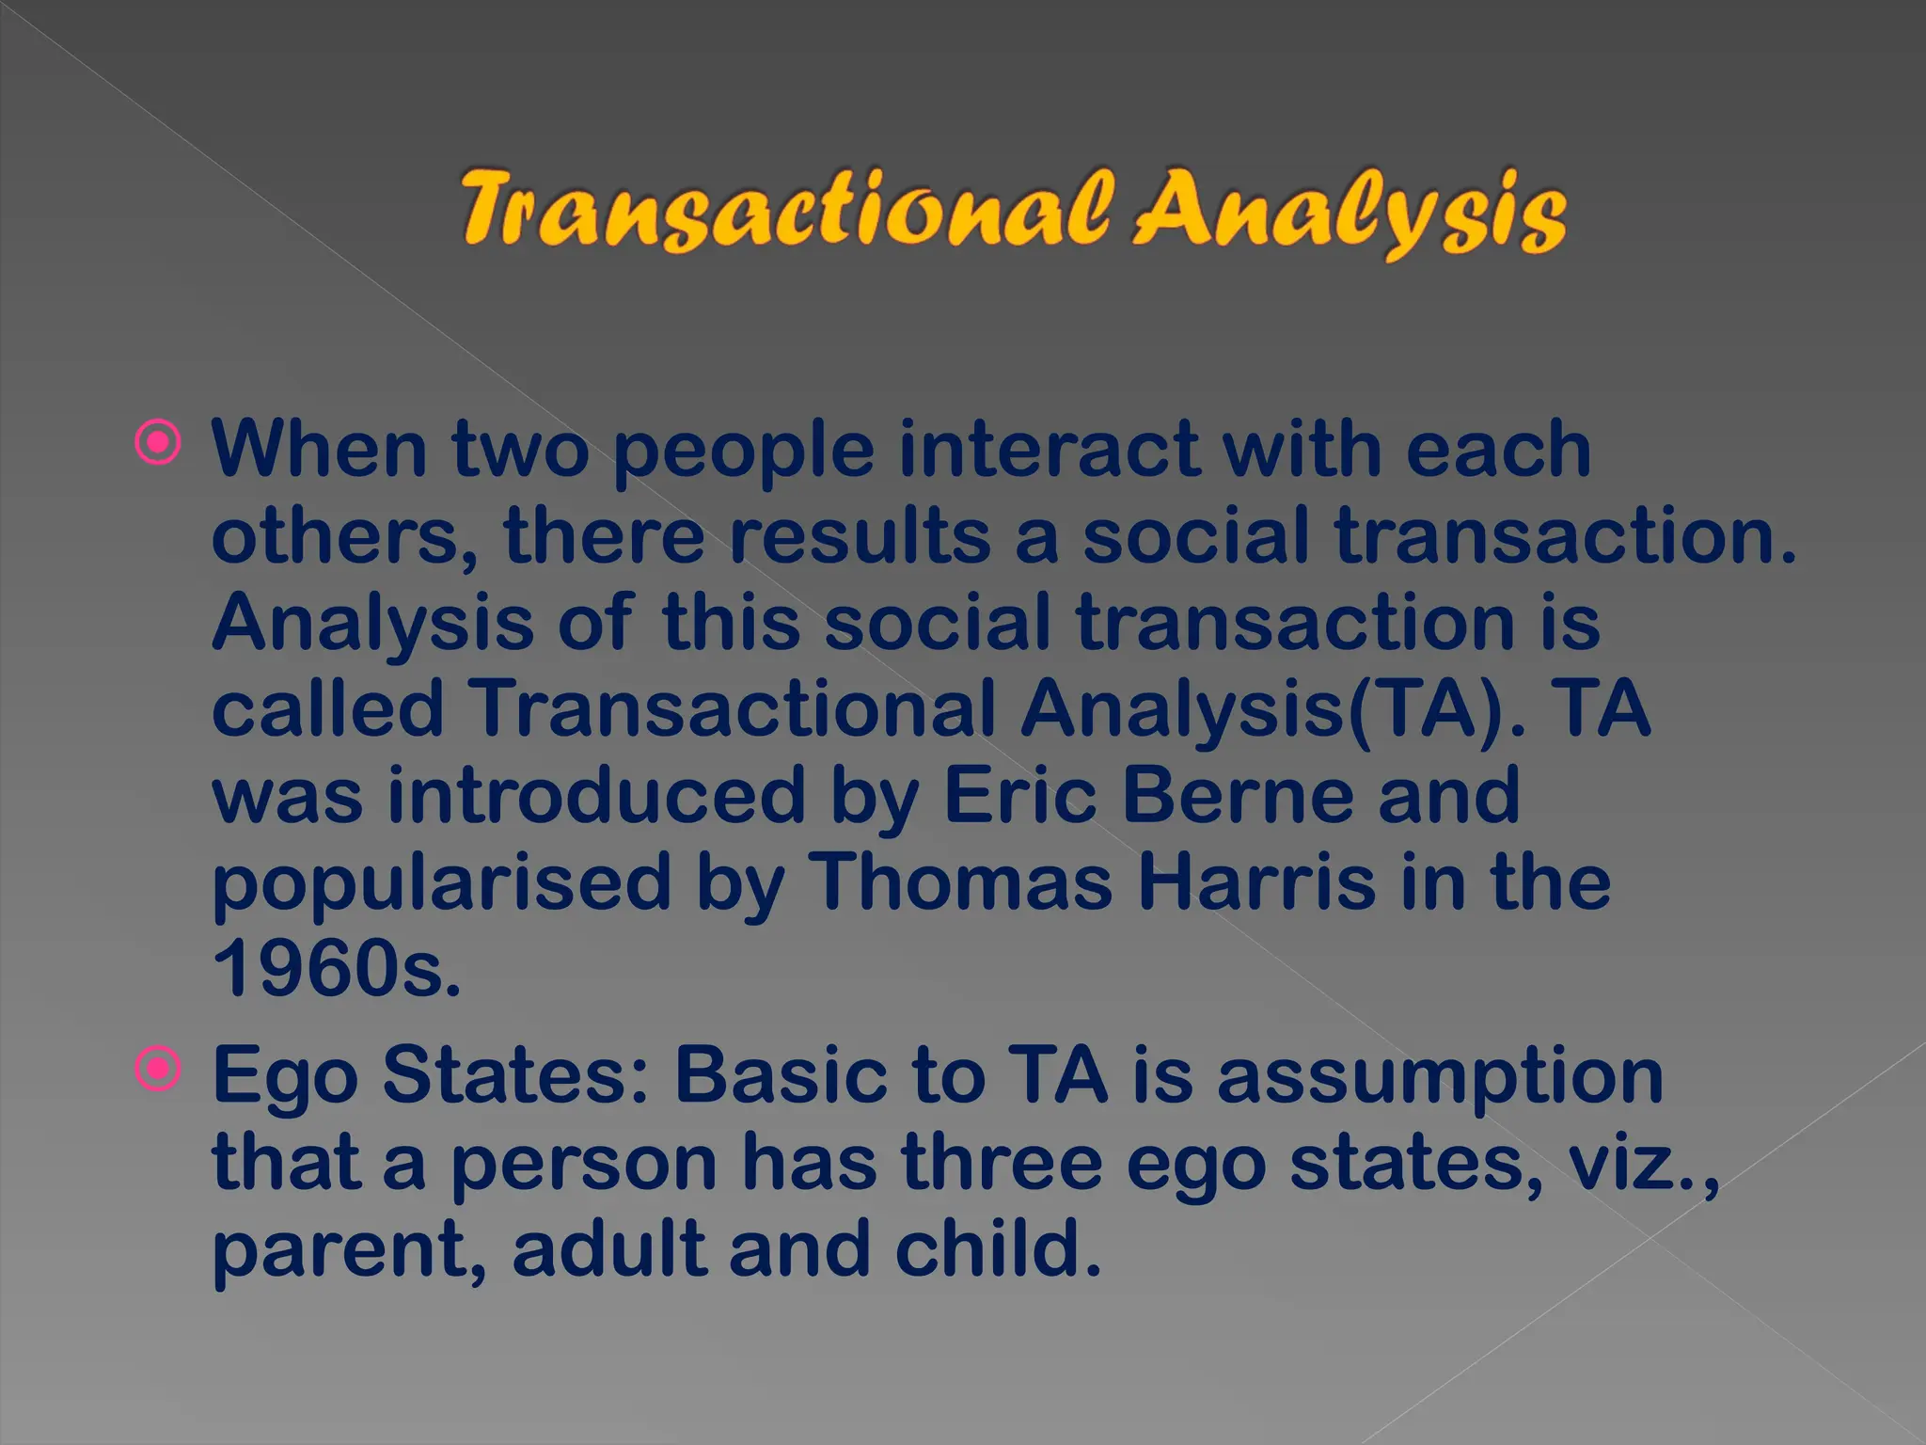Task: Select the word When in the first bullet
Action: pyautogui.click(x=320, y=449)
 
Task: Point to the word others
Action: pyautogui.click(x=344, y=536)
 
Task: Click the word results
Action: pyautogui.click(x=860, y=536)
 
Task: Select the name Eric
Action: pyautogui.click(x=1019, y=796)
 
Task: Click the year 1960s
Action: pyautogui.click(x=337, y=969)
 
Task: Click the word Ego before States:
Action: pyautogui.click(x=285, y=1078)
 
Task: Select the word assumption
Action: pyautogui.click(x=1440, y=1078)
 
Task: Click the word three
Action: pyautogui.click(x=1002, y=1163)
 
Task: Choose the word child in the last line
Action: pyautogui.click(x=997, y=1249)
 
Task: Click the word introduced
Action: pyautogui.click(x=596, y=796)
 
